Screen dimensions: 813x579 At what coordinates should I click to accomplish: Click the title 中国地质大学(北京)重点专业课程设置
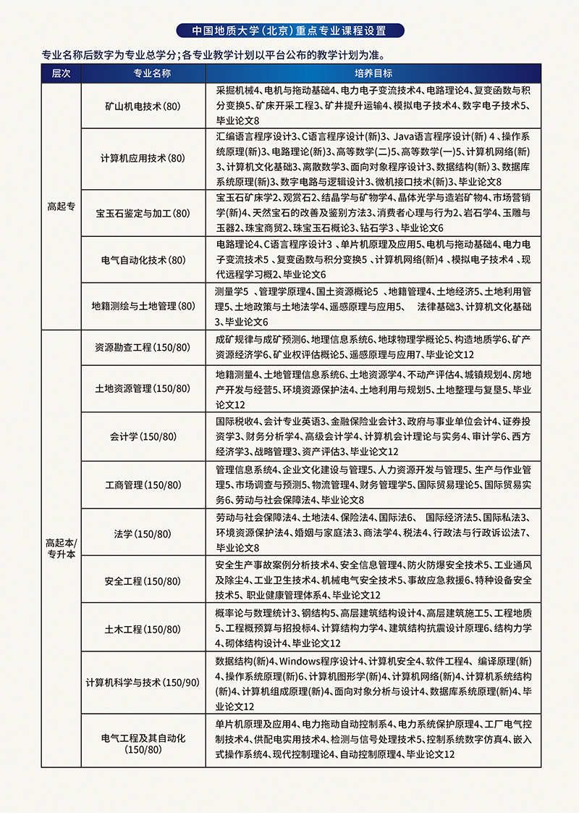coord(289,31)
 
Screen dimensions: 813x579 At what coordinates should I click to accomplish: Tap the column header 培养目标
coord(373,74)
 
